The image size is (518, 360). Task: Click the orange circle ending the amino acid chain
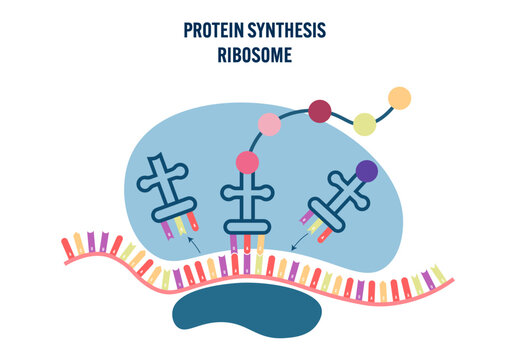[399, 98]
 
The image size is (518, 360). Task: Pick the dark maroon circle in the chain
[320, 111]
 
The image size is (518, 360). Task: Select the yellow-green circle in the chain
[365, 124]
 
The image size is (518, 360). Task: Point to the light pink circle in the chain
[270, 125]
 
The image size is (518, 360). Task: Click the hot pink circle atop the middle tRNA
[246, 162]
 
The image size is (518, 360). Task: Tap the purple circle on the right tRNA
[367, 171]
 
